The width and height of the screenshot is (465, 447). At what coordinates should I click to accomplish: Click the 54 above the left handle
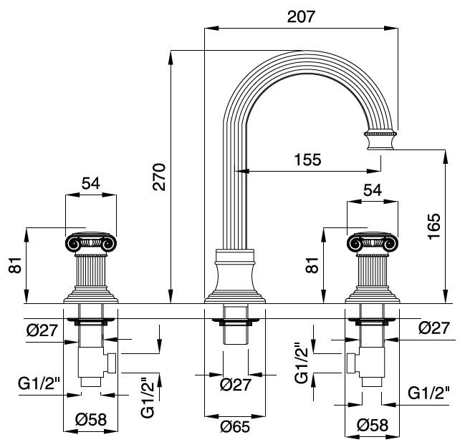coord(90,183)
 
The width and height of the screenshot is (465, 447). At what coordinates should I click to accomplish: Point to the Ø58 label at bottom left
coord(90,420)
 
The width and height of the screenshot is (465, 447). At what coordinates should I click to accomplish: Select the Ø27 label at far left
coord(37,330)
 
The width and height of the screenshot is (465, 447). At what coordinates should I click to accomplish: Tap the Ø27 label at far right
coord(433,328)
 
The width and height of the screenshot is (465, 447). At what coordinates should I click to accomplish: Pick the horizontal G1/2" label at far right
coord(429,393)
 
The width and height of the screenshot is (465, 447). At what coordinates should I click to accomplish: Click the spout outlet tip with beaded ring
coord(380,138)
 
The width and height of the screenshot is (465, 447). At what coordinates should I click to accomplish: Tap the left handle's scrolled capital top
coord(90,243)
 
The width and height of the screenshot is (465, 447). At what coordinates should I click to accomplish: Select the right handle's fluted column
coord(370,272)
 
